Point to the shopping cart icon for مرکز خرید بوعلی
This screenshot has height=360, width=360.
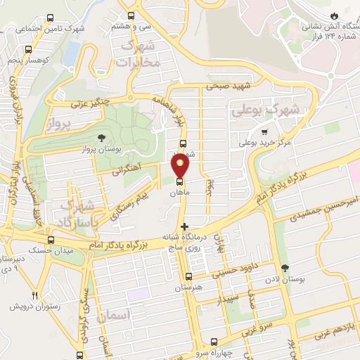(264, 131)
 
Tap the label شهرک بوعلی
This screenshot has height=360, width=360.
(265, 110)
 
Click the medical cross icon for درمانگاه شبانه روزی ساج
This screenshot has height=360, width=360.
(185, 226)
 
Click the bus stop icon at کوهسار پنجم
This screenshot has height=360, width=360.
(28, 50)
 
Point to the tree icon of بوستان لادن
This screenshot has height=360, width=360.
(285, 268)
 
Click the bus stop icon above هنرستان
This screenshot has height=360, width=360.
(188, 277)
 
